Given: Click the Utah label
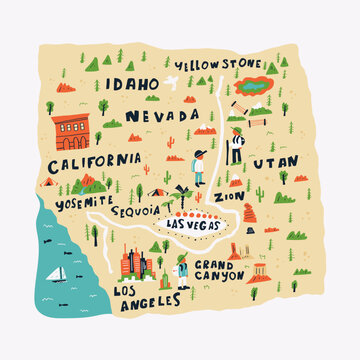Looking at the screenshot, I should click(x=274, y=161).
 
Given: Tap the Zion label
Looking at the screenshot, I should click(x=228, y=198).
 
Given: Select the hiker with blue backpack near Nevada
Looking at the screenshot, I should click(x=199, y=168).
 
